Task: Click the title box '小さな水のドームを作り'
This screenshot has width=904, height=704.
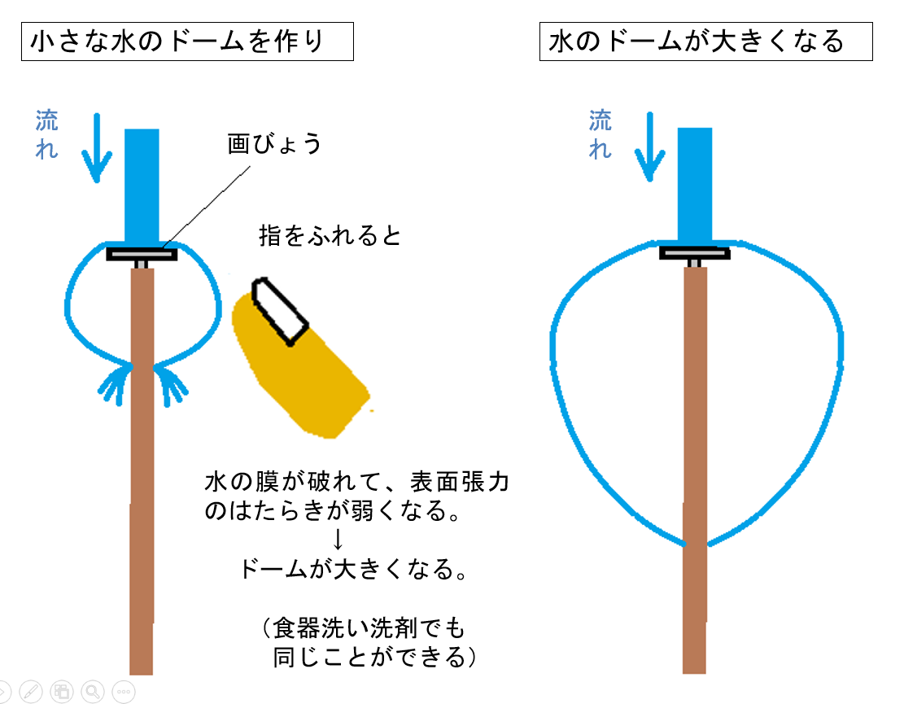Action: tap(187, 42)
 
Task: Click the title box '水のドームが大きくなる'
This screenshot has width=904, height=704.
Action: tap(705, 42)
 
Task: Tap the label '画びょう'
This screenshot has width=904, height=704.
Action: tap(274, 143)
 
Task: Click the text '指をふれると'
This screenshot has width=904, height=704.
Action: tap(330, 235)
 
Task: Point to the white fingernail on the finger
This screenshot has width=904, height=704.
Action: tap(280, 311)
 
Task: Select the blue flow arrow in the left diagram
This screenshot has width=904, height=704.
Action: tap(96, 147)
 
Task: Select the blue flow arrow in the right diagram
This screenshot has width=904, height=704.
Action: tap(650, 147)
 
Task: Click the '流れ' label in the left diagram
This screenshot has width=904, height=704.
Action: tap(46, 134)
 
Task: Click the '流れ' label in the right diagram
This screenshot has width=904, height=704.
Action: tap(600, 134)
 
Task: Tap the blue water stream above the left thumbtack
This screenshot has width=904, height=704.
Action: tap(142, 186)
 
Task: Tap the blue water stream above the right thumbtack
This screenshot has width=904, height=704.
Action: tap(695, 185)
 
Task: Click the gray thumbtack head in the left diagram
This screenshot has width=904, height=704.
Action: tap(142, 254)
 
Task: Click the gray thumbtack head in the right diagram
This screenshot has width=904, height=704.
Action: tap(695, 253)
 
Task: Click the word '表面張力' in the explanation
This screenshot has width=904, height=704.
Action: tap(460, 482)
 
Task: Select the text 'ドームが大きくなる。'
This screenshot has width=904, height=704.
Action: tap(353, 569)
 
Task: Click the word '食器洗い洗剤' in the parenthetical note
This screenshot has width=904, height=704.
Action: tap(333, 627)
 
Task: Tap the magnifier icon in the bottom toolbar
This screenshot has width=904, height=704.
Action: tap(92, 691)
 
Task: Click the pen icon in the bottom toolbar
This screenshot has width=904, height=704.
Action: tap(31, 691)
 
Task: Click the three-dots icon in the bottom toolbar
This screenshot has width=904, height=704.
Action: tap(124, 691)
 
